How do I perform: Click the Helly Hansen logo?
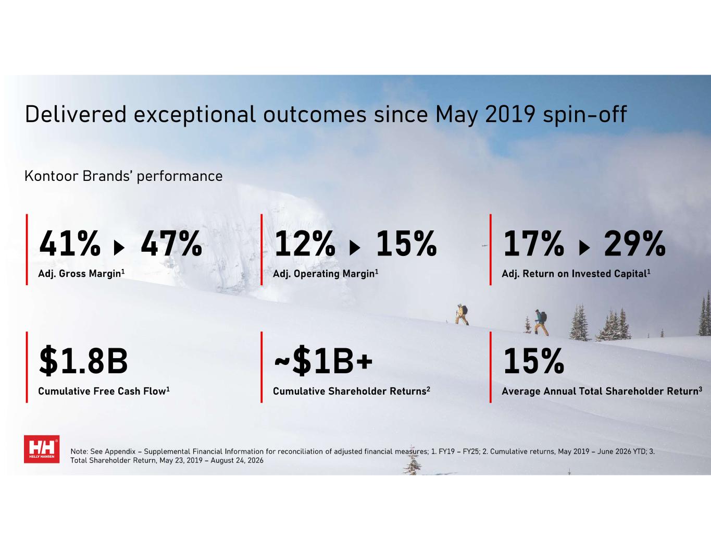[x=42, y=449]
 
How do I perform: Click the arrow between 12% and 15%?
[x=355, y=248]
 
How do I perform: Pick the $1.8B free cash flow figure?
[x=83, y=360]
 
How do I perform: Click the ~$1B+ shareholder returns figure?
[x=323, y=360]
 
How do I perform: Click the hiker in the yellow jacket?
[x=461, y=314]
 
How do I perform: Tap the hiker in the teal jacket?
[x=541, y=323]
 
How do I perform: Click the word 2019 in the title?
[x=510, y=114]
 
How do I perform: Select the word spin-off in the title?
[x=585, y=115]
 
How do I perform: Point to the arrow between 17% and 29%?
[x=585, y=248]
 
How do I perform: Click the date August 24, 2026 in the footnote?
[x=237, y=461]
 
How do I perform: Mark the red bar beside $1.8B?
[x=27, y=367]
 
